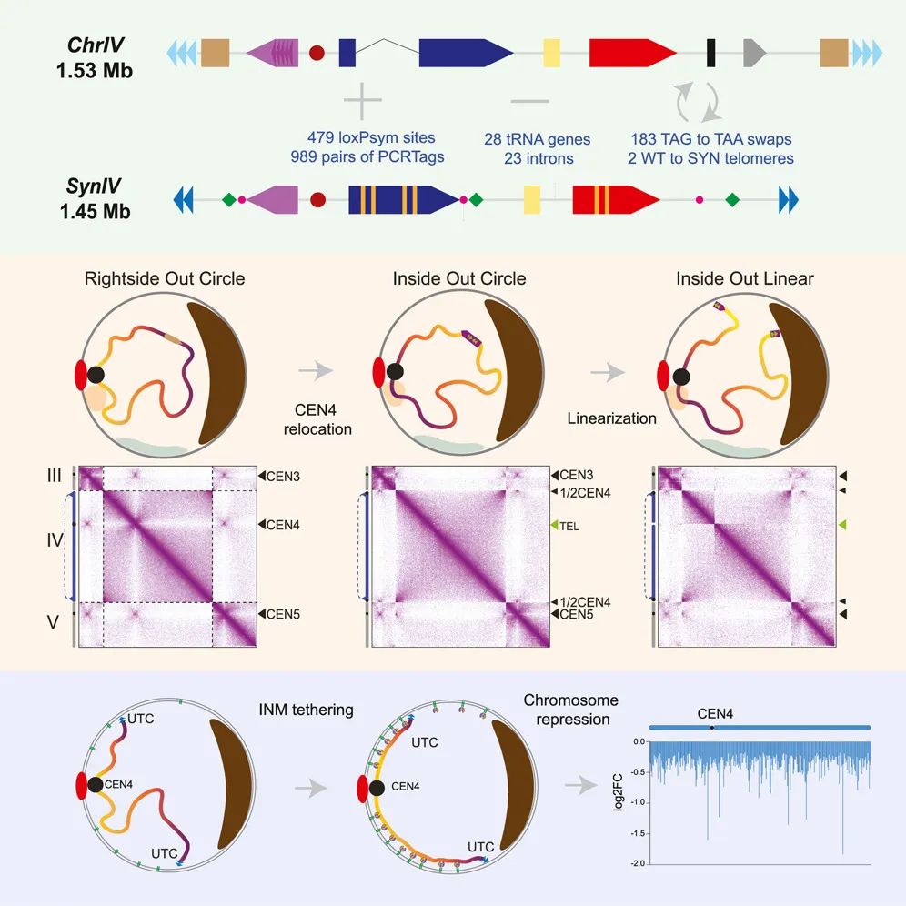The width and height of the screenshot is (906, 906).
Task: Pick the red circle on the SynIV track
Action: (x=317, y=197)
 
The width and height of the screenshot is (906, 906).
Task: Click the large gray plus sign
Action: (x=362, y=100)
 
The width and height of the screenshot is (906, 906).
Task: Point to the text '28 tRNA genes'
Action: (x=538, y=139)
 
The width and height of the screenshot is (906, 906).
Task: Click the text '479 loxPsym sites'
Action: (x=371, y=138)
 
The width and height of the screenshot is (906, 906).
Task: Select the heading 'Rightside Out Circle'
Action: (x=165, y=278)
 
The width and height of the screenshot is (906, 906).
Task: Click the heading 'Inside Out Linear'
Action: (x=744, y=278)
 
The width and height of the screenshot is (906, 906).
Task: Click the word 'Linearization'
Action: (x=611, y=418)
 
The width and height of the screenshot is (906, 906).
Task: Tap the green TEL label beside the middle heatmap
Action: (x=569, y=526)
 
